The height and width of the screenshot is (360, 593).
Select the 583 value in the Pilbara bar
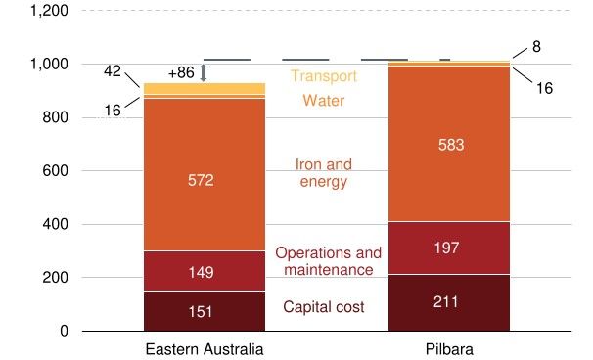coord(449,145)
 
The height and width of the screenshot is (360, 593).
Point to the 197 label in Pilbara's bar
coord(449,248)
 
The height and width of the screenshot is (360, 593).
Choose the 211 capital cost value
coord(449,302)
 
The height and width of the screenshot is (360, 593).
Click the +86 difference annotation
coord(181,72)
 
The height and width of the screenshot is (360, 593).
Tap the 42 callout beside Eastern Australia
coord(114,70)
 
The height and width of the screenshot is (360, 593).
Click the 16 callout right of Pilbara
coord(544,88)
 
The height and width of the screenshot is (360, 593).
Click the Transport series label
coord(324,75)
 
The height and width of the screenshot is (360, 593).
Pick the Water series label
coord(324,100)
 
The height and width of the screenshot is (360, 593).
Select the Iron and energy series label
coord(324,172)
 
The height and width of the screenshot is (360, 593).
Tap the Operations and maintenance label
coord(324,260)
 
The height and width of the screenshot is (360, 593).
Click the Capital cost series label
coord(324,307)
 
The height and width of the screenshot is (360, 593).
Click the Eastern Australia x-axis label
coord(204,349)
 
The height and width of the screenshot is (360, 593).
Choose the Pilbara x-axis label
coord(449,349)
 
